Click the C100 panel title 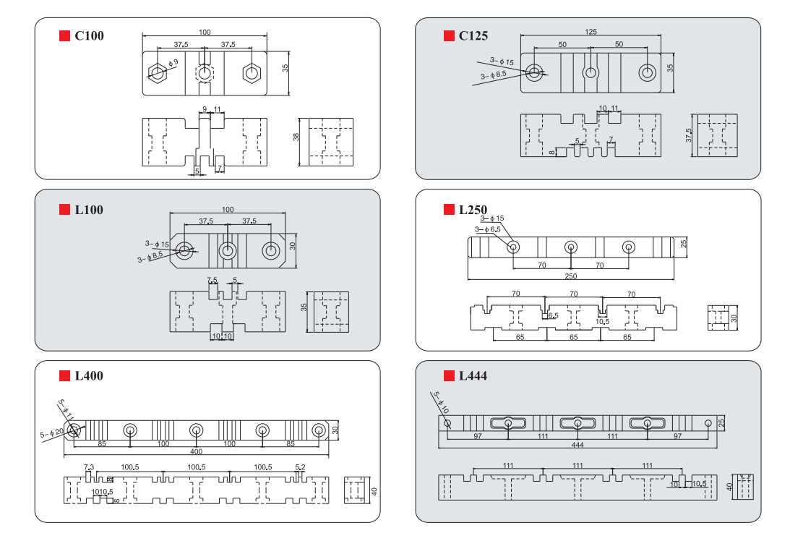(90, 35)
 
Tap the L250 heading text (473, 210)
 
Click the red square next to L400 (64, 375)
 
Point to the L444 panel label (473, 375)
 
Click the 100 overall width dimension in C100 (205, 31)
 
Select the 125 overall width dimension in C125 (591, 32)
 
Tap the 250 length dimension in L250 (570, 276)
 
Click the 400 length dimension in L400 (196, 451)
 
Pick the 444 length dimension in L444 (577, 445)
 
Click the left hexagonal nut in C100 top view (157, 73)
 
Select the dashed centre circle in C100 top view (205, 73)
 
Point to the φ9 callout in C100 (173, 64)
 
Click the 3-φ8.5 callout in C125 (494, 74)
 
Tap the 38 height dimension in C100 (296, 137)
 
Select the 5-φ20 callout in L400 (51, 435)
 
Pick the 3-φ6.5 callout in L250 (488, 229)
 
